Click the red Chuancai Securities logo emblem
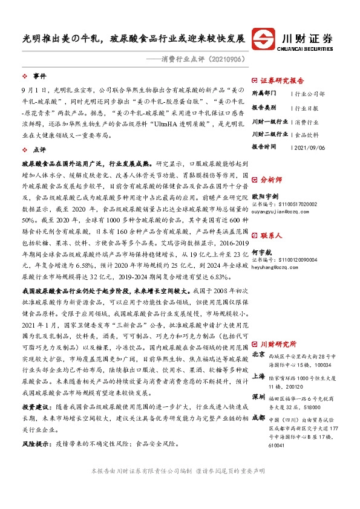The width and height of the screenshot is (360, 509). tap(265, 39)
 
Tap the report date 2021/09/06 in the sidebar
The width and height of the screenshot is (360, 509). tap(309, 146)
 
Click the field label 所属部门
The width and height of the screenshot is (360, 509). tap(264, 94)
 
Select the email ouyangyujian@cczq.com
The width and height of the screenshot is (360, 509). tap(278, 211)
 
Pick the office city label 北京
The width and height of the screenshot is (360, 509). tap(258, 354)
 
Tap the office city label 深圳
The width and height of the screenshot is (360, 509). tap(258, 395)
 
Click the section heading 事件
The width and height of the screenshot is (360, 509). tap(39, 76)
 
